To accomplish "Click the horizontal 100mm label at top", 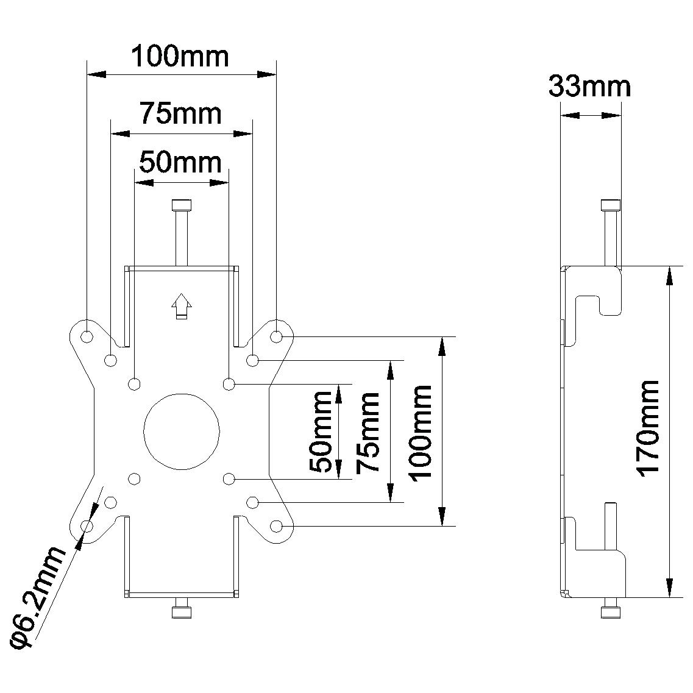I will [180, 57].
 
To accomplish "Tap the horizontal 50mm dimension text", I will [180, 162].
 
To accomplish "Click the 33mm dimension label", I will [589, 87].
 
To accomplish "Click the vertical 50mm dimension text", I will [321, 432].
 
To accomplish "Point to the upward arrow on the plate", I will [181, 305].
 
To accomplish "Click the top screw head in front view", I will [181, 204].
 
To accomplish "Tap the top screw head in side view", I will [611, 204].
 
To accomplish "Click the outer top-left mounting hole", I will [87, 336].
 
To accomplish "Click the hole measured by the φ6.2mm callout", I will [87, 525].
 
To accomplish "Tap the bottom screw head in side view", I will [611, 612].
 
